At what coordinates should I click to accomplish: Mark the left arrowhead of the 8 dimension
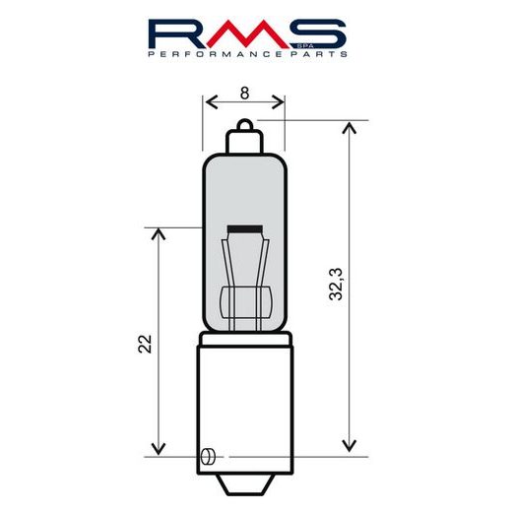[x=208, y=101]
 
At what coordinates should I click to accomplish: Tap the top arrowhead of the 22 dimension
[x=157, y=233]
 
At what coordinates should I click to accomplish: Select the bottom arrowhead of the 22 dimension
[x=157, y=450]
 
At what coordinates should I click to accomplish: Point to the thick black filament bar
[x=245, y=229]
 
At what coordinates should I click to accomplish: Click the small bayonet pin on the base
[x=207, y=456]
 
